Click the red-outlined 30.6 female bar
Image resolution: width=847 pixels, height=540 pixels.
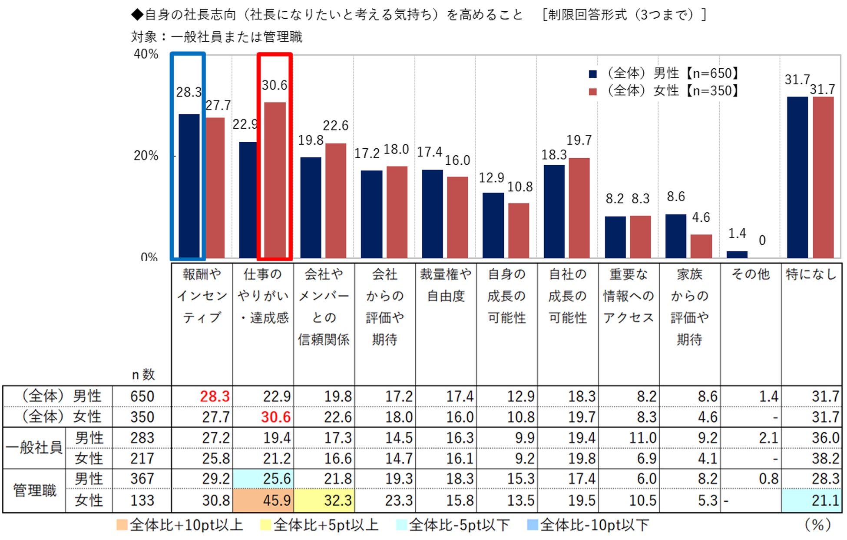point(275,180)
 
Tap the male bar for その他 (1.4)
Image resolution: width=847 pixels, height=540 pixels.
point(737,254)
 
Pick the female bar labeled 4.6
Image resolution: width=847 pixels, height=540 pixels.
point(701,246)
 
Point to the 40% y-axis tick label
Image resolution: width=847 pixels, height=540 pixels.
point(146,54)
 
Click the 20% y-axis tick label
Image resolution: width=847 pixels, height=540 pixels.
point(146,156)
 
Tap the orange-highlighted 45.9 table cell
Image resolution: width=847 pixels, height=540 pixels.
point(264,500)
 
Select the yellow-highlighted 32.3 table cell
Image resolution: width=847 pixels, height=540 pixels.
point(324,500)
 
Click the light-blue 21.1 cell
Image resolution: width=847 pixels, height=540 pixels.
point(811,500)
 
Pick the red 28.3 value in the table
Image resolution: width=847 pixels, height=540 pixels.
point(215,396)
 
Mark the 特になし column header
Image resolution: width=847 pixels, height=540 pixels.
point(811,274)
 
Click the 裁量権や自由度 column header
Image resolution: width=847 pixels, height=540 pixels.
point(446,285)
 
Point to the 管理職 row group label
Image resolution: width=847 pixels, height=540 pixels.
point(35,490)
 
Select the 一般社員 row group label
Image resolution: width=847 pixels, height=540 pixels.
point(35,447)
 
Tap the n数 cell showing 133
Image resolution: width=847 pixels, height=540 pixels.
point(142,500)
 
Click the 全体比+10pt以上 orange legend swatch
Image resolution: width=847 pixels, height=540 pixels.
point(122,525)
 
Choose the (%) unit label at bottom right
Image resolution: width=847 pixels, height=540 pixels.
point(817,525)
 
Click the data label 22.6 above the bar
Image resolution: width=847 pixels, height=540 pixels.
point(335,126)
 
